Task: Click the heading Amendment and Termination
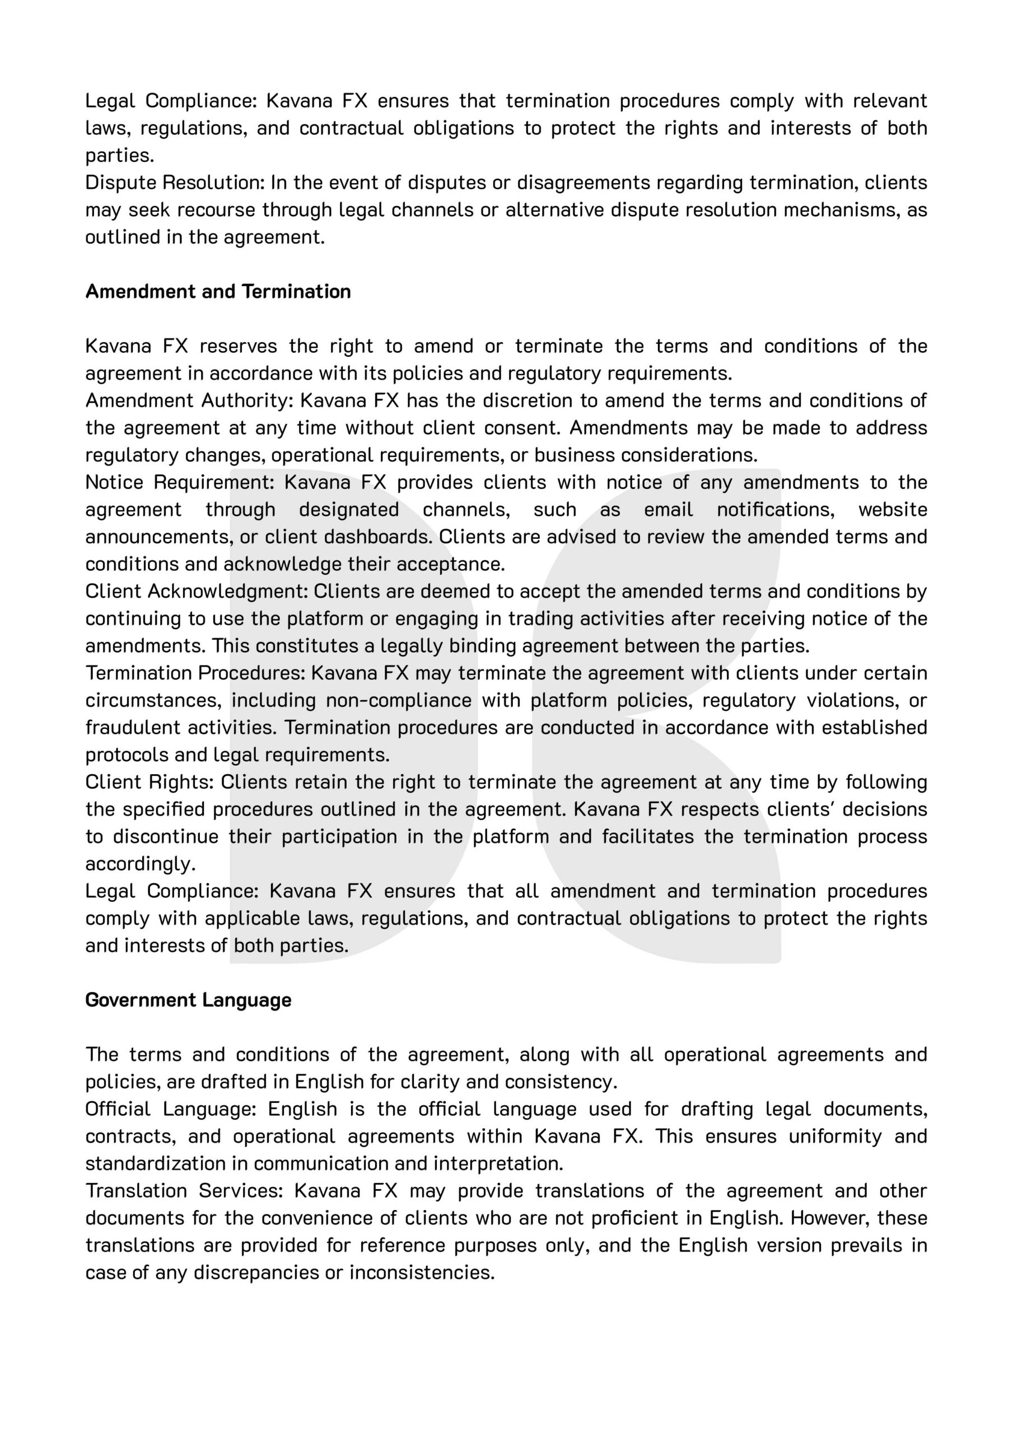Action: pos(218,292)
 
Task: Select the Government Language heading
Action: pos(188,1000)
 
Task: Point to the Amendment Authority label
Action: pos(189,401)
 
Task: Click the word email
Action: pos(668,510)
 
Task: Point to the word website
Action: pos(893,510)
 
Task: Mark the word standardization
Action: pos(166,1163)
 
